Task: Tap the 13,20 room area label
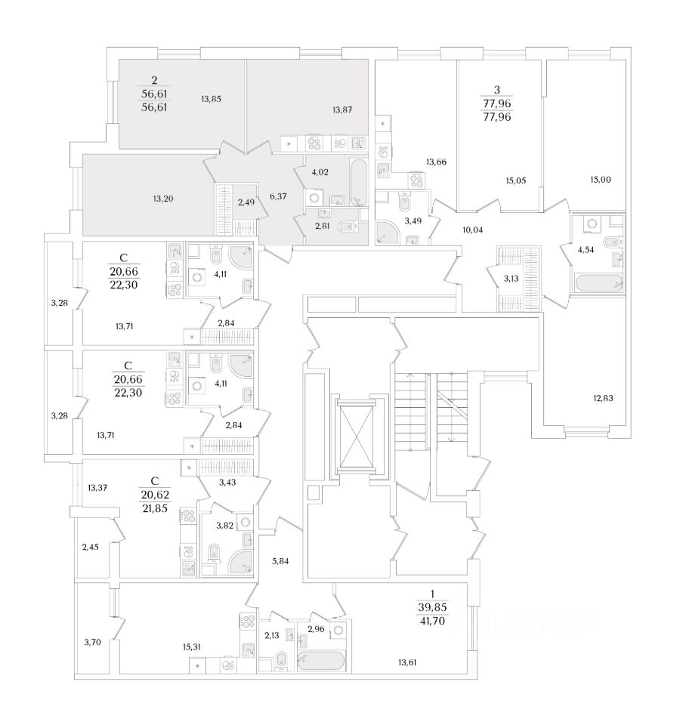[x=163, y=199]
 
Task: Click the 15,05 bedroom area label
[x=516, y=180]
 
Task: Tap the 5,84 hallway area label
[x=280, y=560]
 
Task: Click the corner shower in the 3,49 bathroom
[x=388, y=233]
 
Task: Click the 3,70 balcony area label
[x=91, y=643]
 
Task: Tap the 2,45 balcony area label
[x=91, y=546]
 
